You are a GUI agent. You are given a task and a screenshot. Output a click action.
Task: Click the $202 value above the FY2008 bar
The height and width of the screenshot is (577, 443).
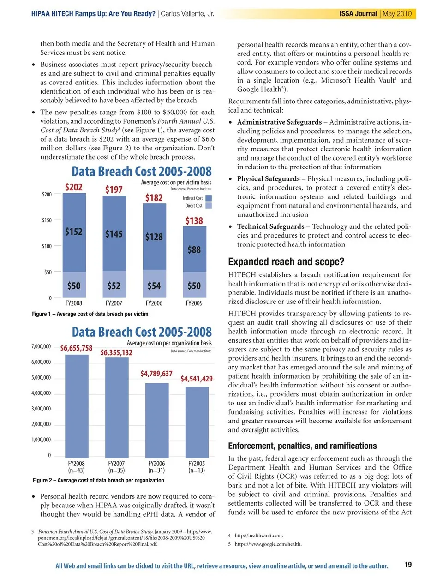[74, 187]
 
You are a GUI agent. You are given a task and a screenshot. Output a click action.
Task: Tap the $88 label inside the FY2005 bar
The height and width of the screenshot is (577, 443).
[194, 250]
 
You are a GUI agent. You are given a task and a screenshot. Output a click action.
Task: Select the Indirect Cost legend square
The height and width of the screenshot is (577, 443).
[209, 198]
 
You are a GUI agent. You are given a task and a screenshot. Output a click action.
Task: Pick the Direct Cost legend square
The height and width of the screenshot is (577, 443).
[209, 206]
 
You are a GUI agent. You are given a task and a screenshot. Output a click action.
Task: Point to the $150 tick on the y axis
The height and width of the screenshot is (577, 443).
[47, 220]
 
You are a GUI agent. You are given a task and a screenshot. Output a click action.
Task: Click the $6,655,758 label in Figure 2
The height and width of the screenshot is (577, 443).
[76, 348]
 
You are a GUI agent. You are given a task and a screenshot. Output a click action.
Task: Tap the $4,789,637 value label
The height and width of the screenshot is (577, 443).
[156, 373]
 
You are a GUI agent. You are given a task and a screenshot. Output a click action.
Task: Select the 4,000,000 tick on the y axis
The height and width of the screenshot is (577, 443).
[41, 393]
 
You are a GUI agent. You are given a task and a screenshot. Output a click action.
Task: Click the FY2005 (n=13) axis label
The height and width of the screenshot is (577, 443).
[197, 467]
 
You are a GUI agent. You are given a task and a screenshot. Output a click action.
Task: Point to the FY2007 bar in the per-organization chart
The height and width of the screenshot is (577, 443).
[117, 406]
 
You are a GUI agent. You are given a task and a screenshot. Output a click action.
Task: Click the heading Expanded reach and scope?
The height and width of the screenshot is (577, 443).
[286, 262]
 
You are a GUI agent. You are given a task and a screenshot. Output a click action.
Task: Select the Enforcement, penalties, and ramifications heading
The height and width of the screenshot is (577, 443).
[302, 446]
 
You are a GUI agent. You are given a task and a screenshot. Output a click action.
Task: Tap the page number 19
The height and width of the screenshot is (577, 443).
[408, 565]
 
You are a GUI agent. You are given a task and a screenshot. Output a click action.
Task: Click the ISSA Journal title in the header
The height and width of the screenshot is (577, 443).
[358, 14]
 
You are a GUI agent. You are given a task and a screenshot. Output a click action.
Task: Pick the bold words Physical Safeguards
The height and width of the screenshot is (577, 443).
[268, 178]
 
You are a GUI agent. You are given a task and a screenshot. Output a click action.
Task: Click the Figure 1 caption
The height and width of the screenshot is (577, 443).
[90, 314]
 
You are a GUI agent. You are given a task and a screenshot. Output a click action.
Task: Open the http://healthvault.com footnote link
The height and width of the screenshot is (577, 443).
[259, 535]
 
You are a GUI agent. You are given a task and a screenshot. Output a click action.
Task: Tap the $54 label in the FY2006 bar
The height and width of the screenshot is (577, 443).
[154, 286]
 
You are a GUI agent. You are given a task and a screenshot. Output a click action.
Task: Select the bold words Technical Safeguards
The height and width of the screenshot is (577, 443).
[270, 226]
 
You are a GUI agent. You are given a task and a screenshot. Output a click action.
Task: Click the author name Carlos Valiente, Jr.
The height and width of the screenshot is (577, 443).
[187, 14]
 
